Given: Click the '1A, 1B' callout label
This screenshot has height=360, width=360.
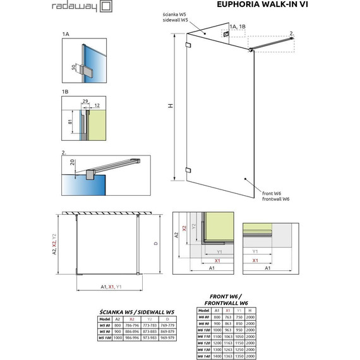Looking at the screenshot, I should [239, 25].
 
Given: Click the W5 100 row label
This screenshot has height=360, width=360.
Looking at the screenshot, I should [107, 338].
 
